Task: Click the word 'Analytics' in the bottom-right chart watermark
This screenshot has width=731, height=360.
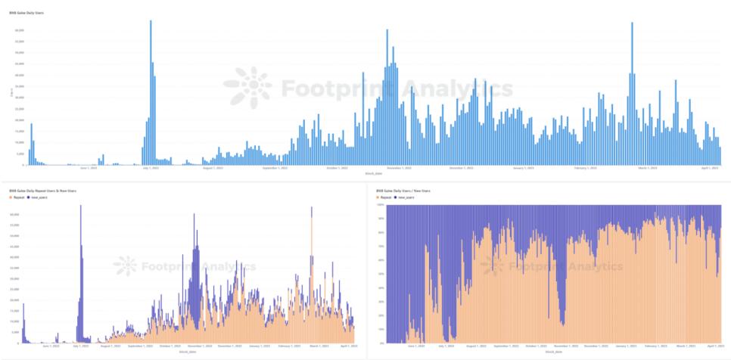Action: click(x=595, y=266)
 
